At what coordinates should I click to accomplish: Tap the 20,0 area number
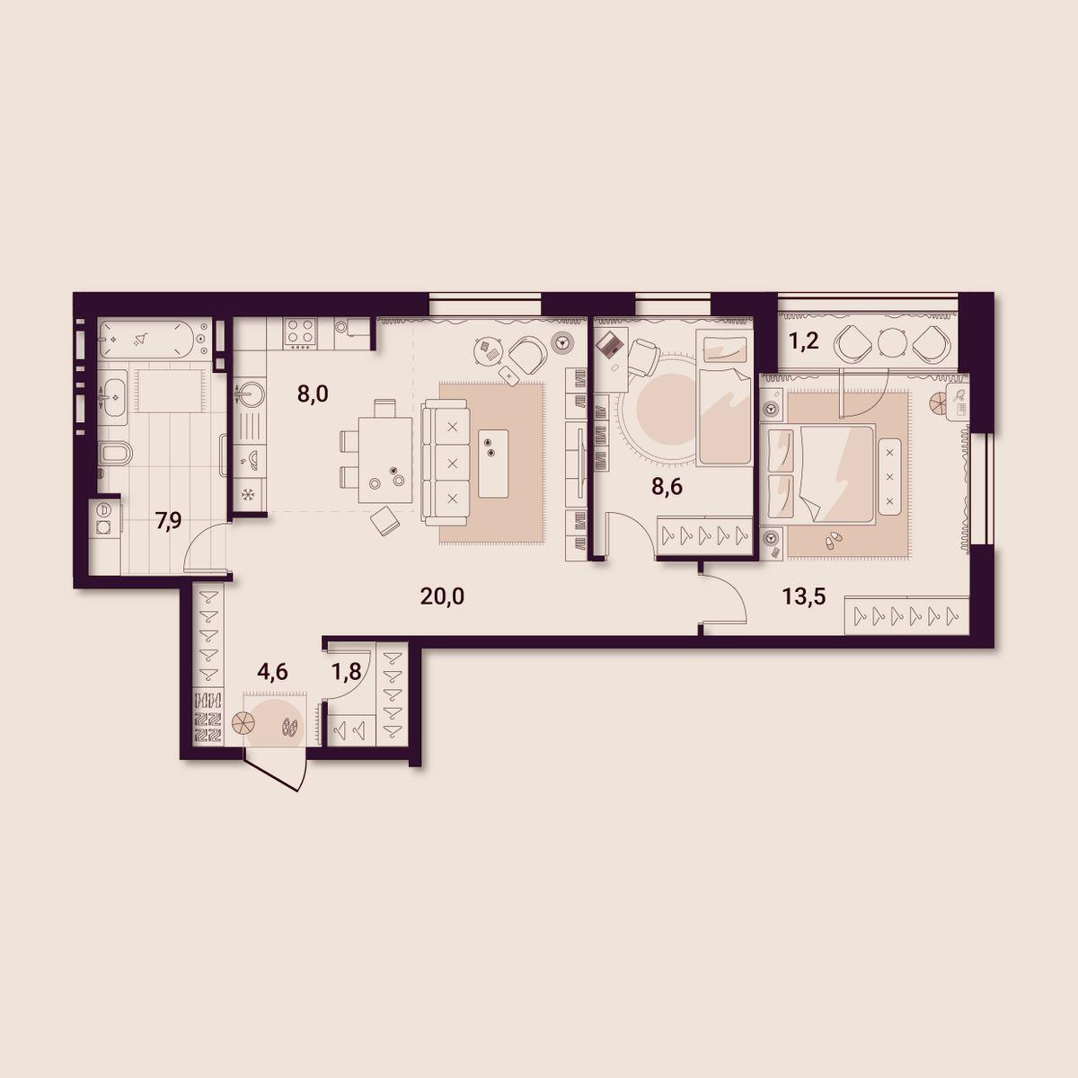click(x=442, y=596)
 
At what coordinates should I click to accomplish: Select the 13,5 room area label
click(x=804, y=596)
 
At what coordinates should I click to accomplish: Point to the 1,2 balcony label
click(x=803, y=340)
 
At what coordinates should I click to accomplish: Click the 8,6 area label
click(x=667, y=487)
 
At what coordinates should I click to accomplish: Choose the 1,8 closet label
click(x=346, y=672)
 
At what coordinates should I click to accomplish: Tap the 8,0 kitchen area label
click(x=313, y=393)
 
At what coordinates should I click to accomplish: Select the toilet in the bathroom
click(x=115, y=453)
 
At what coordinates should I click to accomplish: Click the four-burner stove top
click(x=300, y=333)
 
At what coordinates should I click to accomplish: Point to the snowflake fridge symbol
click(x=246, y=494)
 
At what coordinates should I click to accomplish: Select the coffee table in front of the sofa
click(x=493, y=464)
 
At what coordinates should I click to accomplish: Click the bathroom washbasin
click(x=115, y=397)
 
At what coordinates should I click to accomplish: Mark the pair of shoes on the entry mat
click(x=290, y=728)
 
